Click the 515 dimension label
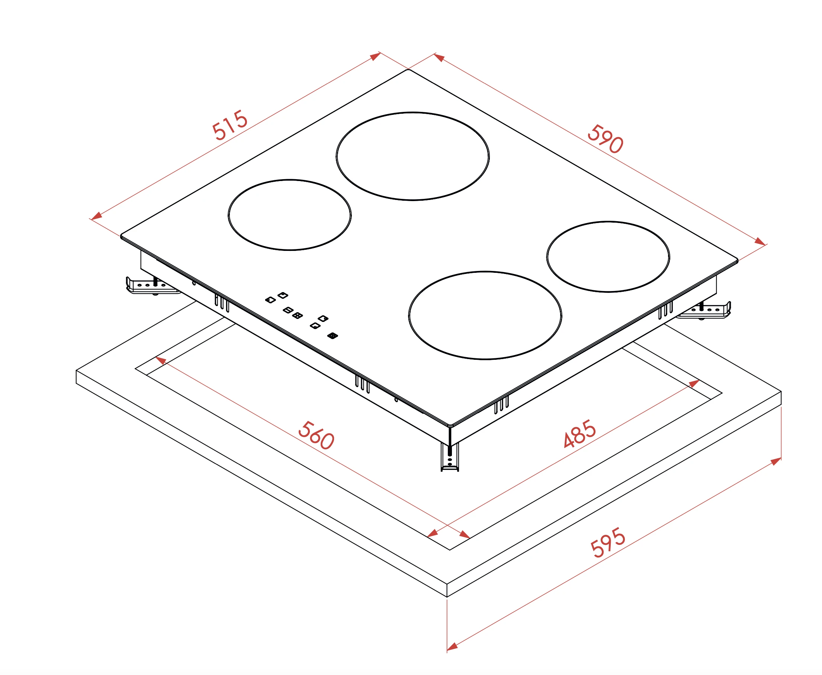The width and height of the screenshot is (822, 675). (x=229, y=125)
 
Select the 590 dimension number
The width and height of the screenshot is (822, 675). (x=605, y=139)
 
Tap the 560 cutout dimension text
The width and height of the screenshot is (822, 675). (x=316, y=435)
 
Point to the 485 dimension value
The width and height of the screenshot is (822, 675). (x=579, y=433)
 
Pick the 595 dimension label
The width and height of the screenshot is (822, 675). (x=608, y=542)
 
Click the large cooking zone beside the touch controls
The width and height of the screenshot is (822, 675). (x=485, y=315)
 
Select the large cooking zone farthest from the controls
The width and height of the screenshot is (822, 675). (x=413, y=156)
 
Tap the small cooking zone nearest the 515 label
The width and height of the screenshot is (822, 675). (x=290, y=215)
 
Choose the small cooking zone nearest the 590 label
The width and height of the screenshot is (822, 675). (x=608, y=256)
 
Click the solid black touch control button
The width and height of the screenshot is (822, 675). (x=333, y=336)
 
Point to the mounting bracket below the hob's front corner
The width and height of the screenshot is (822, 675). (x=450, y=457)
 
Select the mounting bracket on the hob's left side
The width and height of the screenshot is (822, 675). (x=152, y=286)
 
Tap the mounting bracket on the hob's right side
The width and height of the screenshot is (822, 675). (x=704, y=310)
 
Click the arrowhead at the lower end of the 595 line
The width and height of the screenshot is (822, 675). (x=452, y=647)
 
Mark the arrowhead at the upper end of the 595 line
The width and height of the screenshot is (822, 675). (x=776, y=461)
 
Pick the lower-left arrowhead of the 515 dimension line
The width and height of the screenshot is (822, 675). (x=96, y=216)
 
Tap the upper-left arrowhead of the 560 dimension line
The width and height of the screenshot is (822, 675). (x=161, y=361)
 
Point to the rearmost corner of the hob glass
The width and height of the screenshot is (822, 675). (x=408, y=70)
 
